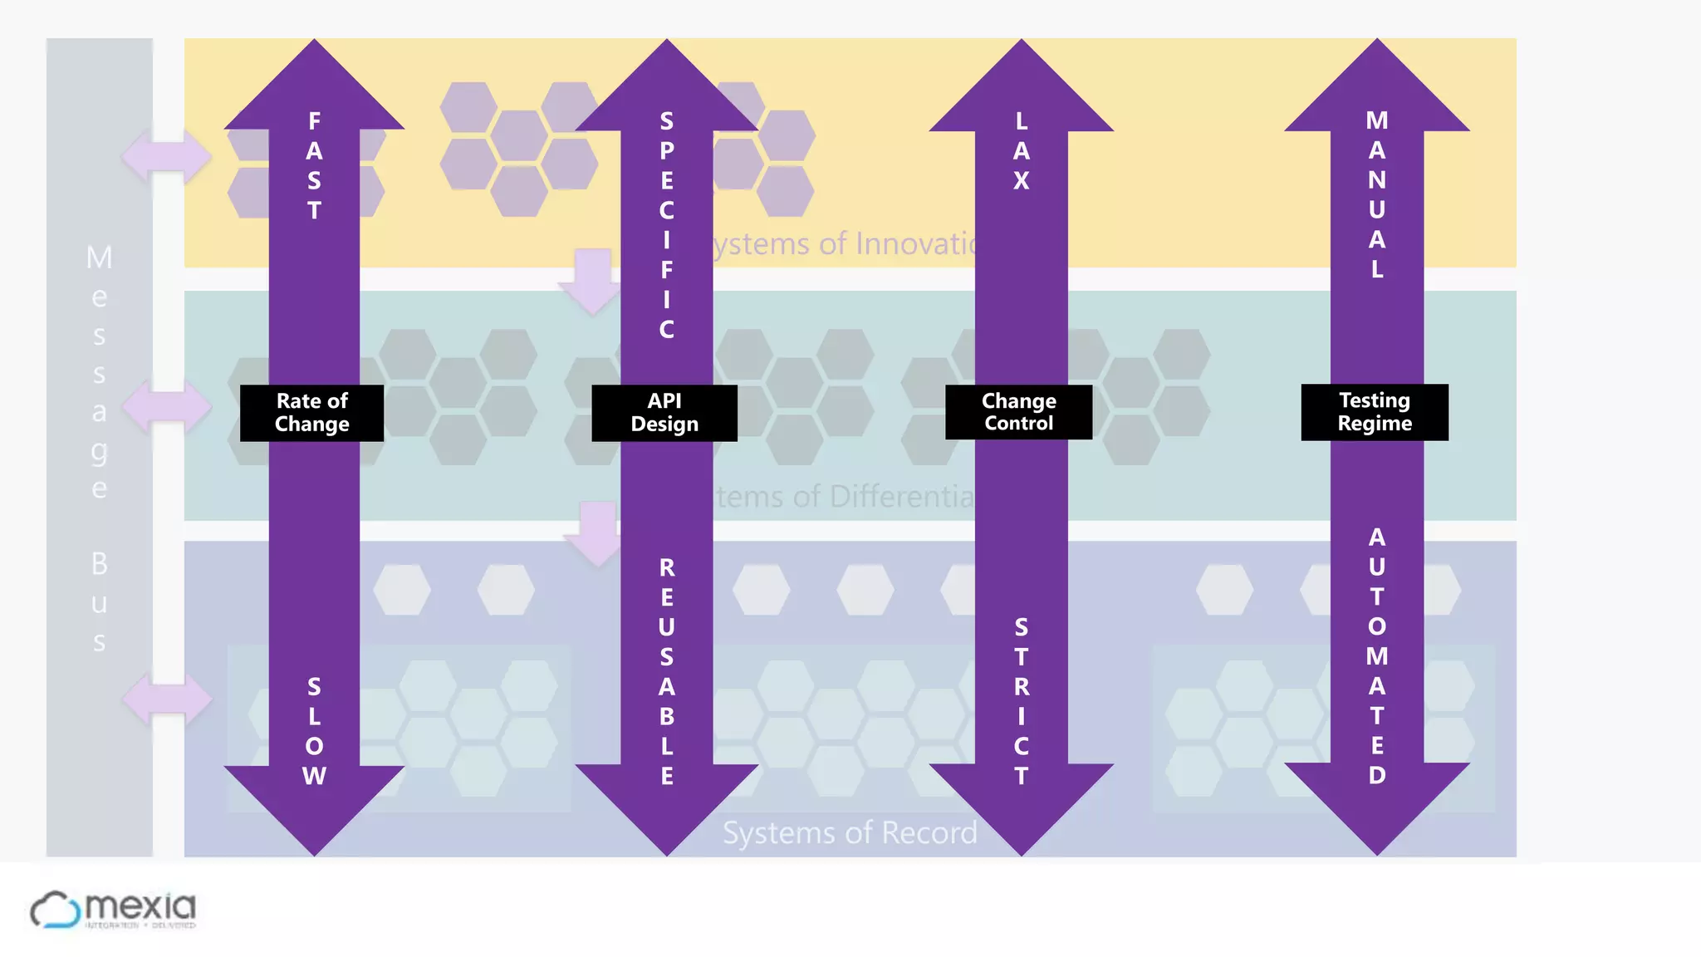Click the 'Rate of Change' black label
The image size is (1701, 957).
pyautogui.click(x=311, y=412)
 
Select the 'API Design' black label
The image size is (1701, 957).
pyautogui.click(x=664, y=412)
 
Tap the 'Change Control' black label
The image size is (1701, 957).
pyautogui.click(x=1018, y=411)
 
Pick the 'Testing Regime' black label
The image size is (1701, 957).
pyautogui.click(x=1375, y=411)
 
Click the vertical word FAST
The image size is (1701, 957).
pyautogui.click(x=314, y=165)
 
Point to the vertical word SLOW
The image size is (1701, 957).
pyautogui.click(x=314, y=731)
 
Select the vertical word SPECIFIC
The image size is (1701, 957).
pyautogui.click(x=666, y=225)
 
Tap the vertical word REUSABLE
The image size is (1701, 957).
pyautogui.click(x=666, y=671)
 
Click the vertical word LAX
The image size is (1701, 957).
pyautogui.click(x=1022, y=150)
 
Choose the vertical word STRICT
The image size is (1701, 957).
pyautogui.click(x=1022, y=701)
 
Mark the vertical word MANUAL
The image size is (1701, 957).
pyautogui.click(x=1377, y=194)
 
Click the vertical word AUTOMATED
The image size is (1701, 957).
pyautogui.click(x=1377, y=656)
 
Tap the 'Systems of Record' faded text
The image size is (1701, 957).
pyautogui.click(x=850, y=832)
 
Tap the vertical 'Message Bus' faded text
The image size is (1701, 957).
pyautogui.click(x=99, y=449)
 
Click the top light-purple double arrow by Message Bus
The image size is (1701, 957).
pyautogui.click(x=166, y=155)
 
